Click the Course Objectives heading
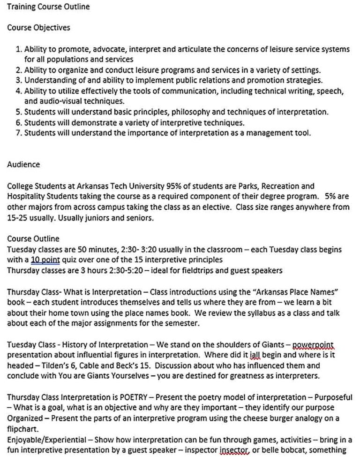click(x=38, y=27)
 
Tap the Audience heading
click(x=23, y=165)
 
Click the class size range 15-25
click(x=18, y=218)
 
